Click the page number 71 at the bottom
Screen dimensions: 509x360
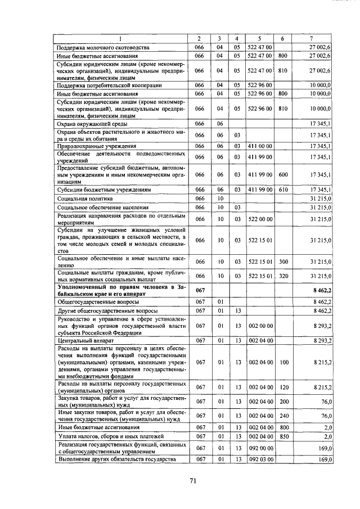(192, 480)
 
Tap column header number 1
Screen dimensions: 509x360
(121, 38)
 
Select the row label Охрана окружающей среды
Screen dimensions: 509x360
(90, 123)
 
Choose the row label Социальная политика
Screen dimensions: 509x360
(85, 199)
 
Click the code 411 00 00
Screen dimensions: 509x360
(260, 146)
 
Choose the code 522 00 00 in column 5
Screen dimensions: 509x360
(260, 218)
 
